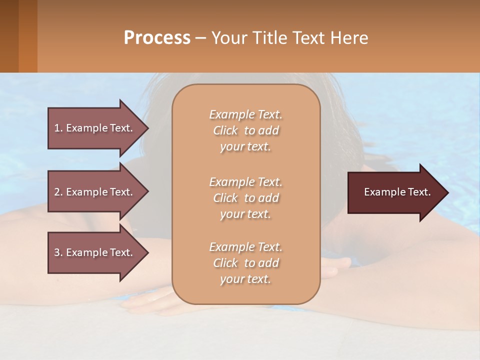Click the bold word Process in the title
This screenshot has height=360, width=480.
[x=157, y=37]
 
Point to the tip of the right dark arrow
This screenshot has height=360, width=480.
[x=446, y=192]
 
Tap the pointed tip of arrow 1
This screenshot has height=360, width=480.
[x=147, y=128]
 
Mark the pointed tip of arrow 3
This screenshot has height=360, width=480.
[x=147, y=252]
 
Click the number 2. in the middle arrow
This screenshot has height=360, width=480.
[x=58, y=192]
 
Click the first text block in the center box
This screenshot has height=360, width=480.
[x=245, y=130]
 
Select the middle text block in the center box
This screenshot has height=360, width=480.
[x=245, y=197]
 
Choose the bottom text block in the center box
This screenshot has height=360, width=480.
[x=245, y=263]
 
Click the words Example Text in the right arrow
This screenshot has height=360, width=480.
[x=397, y=192]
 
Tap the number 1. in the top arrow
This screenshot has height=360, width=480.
[x=58, y=128]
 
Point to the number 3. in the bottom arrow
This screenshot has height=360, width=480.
[x=58, y=252]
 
